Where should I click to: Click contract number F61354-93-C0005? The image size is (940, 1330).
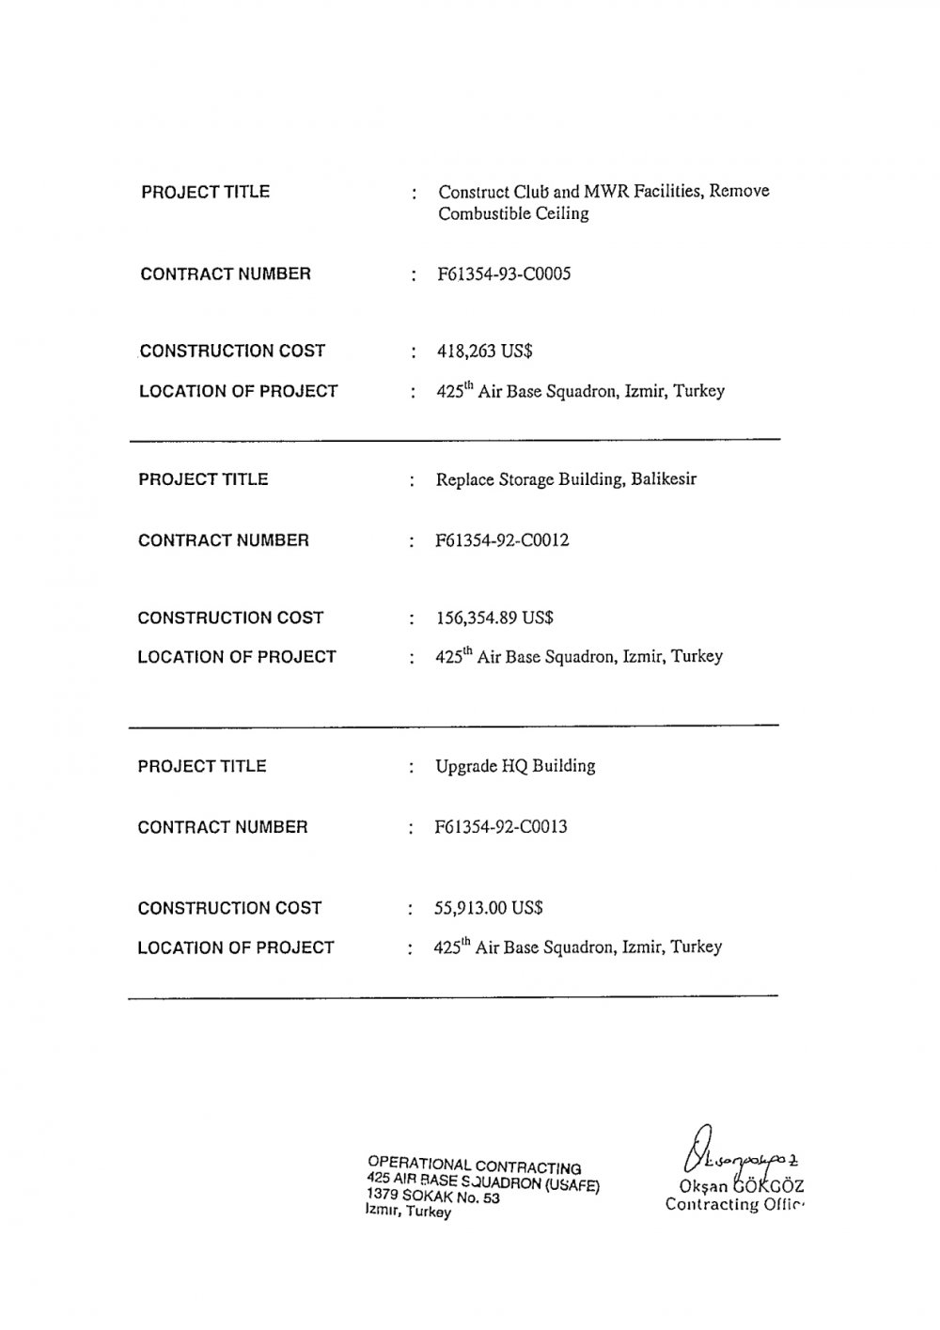(504, 274)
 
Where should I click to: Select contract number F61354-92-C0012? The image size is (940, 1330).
(502, 540)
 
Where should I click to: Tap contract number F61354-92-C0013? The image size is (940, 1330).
(501, 827)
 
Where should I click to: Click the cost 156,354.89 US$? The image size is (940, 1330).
(494, 618)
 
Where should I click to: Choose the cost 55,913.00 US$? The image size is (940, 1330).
(489, 908)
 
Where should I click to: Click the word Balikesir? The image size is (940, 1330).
(664, 479)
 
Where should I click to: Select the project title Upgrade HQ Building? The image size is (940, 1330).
(515, 766)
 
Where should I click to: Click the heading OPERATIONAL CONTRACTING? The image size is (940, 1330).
(475, 1166)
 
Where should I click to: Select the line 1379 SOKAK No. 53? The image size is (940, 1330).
(433, 1197)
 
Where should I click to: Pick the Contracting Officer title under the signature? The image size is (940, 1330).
(736, 1205)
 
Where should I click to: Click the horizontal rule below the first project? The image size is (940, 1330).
(454, 440)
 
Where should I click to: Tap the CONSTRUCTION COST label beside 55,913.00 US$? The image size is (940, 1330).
(229, 908)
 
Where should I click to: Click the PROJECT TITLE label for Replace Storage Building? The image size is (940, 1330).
(203, 479)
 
